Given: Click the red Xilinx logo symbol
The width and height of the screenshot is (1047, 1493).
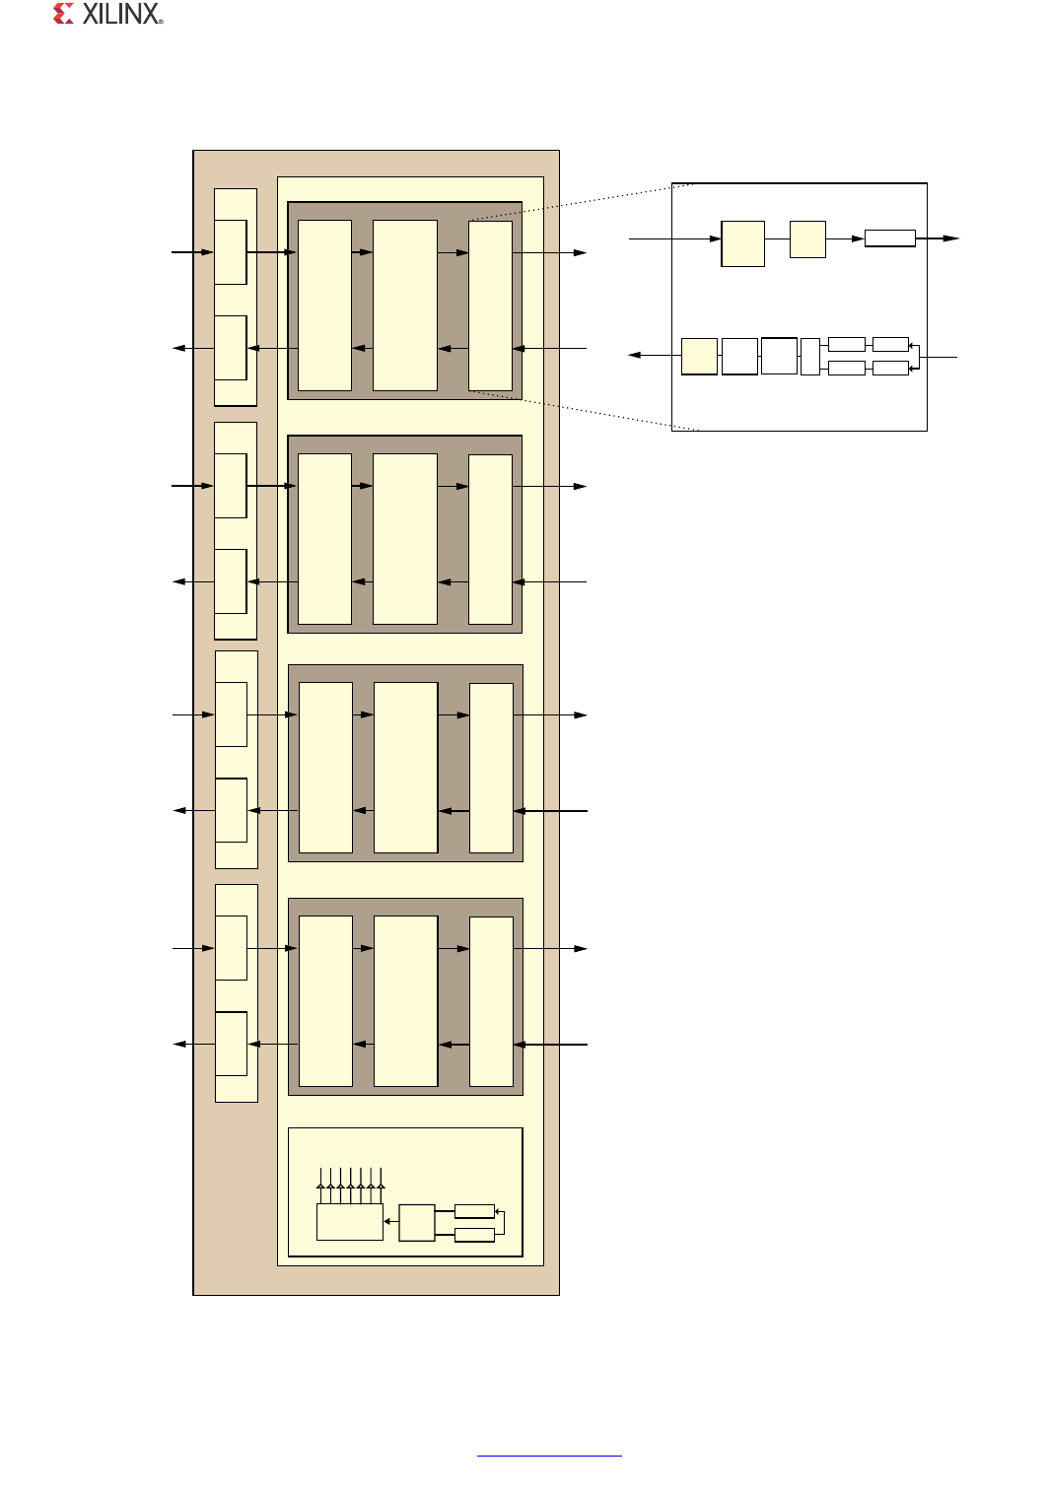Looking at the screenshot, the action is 63,14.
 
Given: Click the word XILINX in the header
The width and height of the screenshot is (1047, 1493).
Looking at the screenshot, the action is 120,14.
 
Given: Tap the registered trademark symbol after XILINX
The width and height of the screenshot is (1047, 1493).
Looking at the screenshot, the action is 161,22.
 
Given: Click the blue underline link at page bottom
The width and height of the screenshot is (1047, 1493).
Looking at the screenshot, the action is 549,1456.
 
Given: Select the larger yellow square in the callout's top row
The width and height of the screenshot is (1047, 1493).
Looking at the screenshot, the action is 742,244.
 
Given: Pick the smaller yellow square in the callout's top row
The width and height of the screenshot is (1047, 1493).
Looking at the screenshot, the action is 807,239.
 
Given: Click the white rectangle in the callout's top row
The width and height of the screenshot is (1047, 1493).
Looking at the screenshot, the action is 889,238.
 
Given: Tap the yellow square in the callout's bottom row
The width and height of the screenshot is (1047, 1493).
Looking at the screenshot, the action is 699,356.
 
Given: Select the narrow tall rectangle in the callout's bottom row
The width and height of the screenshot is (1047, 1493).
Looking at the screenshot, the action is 809,357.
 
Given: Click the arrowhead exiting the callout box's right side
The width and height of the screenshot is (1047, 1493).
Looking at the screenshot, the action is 951,238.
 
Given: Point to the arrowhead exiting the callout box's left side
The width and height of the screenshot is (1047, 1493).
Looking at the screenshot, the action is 635,355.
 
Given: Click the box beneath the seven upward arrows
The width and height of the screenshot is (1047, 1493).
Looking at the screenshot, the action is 349,1222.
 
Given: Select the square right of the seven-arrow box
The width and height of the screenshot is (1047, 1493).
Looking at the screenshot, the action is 417,1222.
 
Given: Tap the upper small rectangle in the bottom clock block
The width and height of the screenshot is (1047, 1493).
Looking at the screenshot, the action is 474,1211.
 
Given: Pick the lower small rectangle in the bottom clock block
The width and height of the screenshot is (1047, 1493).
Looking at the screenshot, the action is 474,1235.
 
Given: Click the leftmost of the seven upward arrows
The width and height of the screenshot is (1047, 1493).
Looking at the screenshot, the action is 320,1186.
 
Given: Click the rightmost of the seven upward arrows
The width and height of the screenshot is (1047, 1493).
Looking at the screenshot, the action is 381,1186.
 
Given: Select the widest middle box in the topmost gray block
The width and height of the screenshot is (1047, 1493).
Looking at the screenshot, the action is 405,305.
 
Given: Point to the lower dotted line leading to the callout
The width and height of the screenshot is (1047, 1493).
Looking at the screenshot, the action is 585,411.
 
